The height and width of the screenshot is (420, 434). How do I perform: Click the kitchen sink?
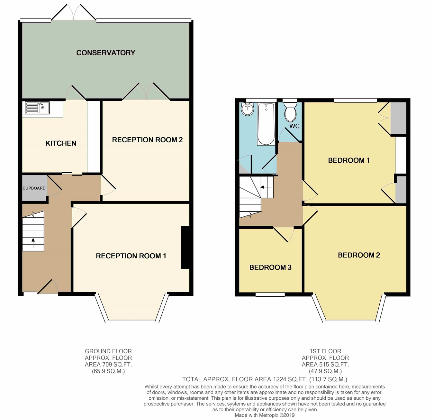coord(37,108)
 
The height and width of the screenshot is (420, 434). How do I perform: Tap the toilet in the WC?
coord(290,112)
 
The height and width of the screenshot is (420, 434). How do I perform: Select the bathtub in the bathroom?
coord(266,124)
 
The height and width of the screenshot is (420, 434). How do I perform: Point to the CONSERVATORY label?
coord(106,53)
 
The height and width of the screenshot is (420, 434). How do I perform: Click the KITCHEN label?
coord(61,143)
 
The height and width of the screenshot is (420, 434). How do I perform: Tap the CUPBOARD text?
coord(34,188)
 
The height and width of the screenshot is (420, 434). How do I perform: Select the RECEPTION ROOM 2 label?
coord(147,140)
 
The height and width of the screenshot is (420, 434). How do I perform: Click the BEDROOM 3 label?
coord(270,267)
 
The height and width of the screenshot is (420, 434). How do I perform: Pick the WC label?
coord(294,126)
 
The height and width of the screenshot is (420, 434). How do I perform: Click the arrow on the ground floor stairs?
coord(33,243)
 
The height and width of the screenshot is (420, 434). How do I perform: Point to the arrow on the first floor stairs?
coord(266,187)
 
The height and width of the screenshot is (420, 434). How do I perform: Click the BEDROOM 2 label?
coord(359,255)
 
